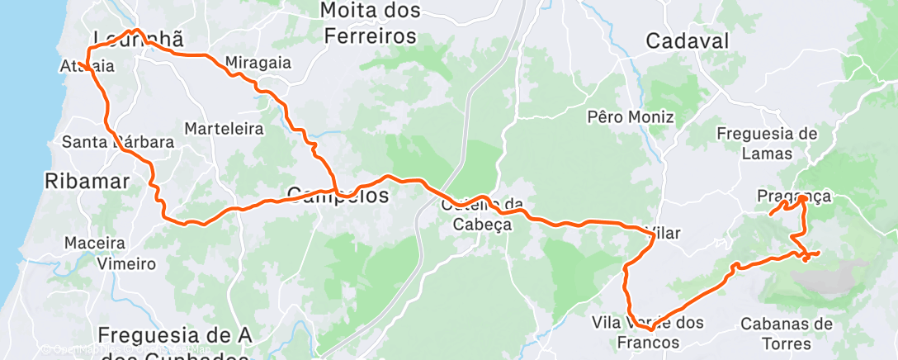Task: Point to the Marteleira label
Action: (224, 129)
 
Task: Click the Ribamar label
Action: (87, 182)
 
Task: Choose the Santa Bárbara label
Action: (118, 142)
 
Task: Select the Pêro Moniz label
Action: (631, 117)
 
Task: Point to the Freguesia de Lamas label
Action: (767, 143)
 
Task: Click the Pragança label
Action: (793, 197)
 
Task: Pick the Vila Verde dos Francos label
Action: (648, 332)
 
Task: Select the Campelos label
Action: (338, 196)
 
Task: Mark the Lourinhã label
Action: (137, 40)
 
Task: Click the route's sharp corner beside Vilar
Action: (655, 236)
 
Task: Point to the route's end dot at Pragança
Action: (802, 198)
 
